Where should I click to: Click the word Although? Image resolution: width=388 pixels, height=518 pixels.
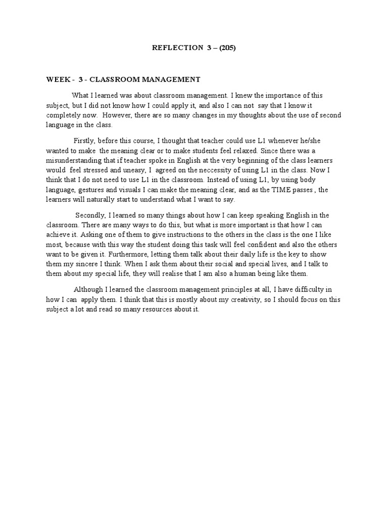tap(88, 289)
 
